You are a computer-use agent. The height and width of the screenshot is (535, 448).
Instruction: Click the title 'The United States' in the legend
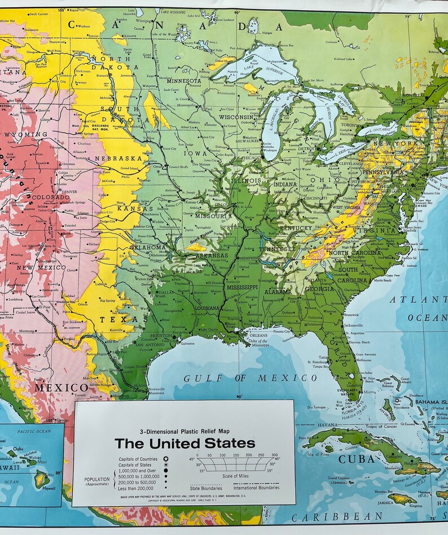[x=185, y=443]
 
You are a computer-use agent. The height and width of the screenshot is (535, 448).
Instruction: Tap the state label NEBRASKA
[x=118, y=159]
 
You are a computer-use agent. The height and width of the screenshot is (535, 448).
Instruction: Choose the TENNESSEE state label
[x=277, y=249]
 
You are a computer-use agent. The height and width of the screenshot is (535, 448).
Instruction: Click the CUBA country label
[x=356, y=459]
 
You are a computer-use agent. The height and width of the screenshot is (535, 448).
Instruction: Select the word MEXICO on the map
[x=61, y=388]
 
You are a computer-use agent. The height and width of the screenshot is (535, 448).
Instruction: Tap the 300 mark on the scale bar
[x=274, y=455]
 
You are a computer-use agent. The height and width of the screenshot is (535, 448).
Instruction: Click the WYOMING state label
[x=25, y=134]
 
